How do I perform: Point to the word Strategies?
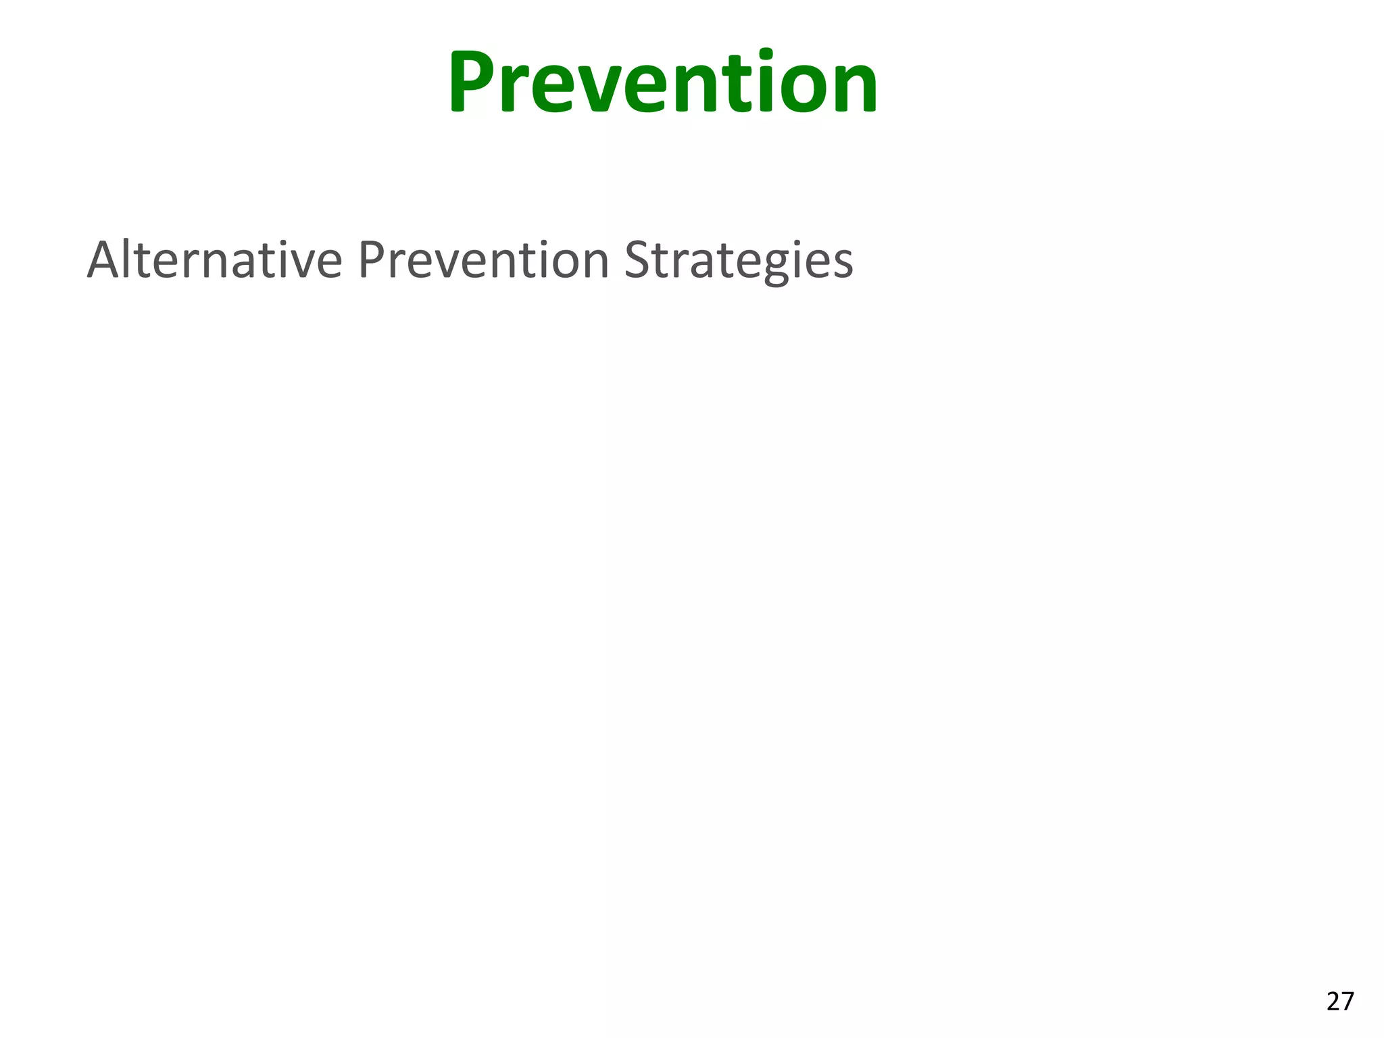(x=738, y=262)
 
